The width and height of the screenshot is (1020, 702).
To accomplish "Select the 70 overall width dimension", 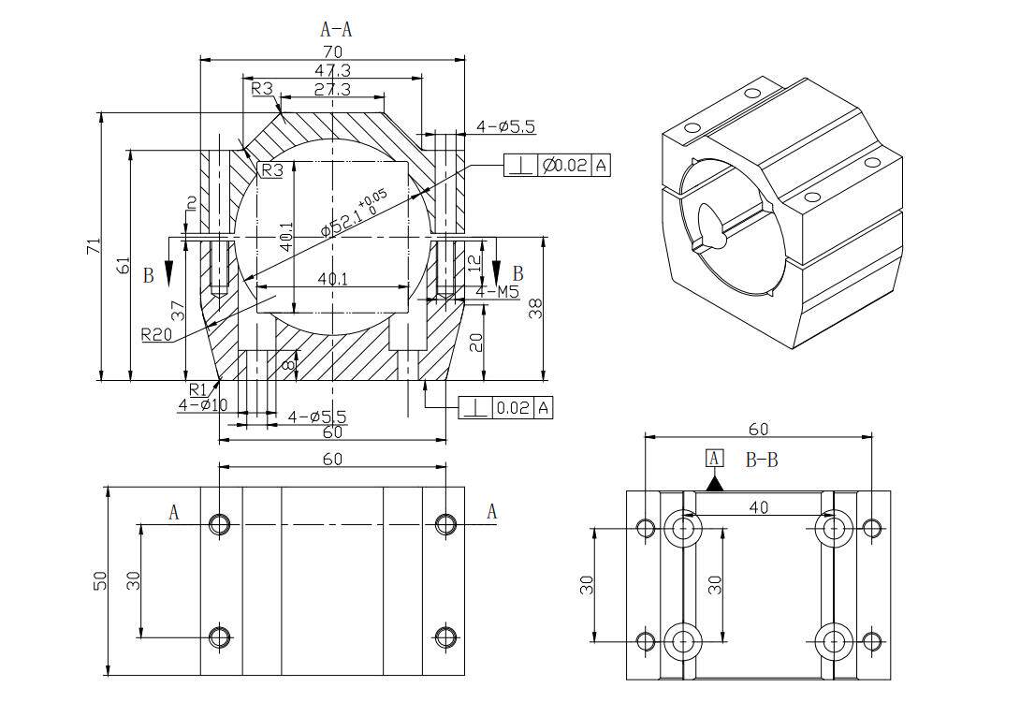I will (x=332, y=51).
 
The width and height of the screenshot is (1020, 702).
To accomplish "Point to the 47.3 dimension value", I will (x=332, y=70).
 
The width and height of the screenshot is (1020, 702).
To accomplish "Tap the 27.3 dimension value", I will (x=332, y=89).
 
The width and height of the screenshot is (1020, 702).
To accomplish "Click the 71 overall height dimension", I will (x=93, y=246).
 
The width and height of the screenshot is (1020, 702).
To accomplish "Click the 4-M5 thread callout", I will (x=497, y=292).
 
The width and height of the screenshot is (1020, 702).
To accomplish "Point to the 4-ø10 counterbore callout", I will (x=203, y=405).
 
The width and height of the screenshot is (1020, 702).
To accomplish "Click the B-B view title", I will (x=762, y=460).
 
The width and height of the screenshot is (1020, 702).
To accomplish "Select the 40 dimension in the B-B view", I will (x=758, y=506).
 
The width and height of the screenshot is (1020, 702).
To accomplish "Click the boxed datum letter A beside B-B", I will (x=715, y=458).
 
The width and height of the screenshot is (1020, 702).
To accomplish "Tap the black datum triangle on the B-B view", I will (x=715, y=483).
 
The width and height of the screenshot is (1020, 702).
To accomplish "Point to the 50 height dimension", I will (x=100, y=580).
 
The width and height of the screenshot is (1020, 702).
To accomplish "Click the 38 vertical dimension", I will (x=536, y=309).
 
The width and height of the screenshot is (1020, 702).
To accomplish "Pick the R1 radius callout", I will (x=197, y=389).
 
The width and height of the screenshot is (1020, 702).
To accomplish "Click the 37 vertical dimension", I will (x=178, y=310).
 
